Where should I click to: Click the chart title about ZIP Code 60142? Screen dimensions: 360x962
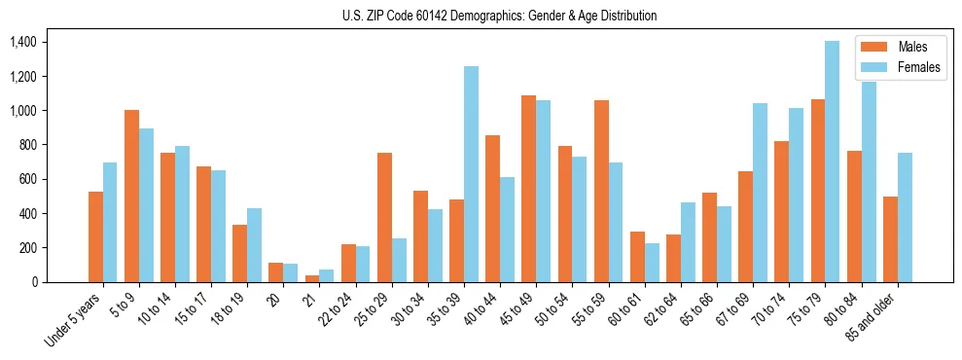(x=500, y=16)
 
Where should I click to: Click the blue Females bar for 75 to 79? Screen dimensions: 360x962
(x=833, y=162)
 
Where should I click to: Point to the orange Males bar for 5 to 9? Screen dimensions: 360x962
(x=131, y=196)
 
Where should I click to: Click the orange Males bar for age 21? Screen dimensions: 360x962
(x=312, y=278)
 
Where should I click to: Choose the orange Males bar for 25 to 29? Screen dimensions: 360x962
(x=384, y=217)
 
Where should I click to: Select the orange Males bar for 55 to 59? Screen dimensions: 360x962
(x=601, y=191)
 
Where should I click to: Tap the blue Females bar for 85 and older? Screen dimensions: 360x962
(x=905, y=217)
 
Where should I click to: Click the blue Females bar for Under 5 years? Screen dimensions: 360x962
(x=110, y=222)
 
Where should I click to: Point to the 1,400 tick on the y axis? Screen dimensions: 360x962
(x=21, y=42)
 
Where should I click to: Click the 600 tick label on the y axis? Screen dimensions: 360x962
(x=26, y=179)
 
